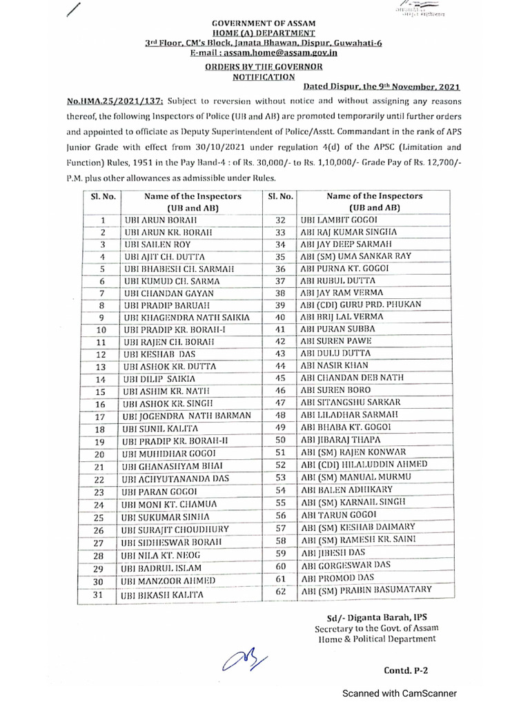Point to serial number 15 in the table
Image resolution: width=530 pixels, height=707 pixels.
[99, 391]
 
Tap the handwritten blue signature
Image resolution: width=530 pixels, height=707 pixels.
[241, 659]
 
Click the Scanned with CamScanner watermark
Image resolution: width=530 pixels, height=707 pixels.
[401, 693]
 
